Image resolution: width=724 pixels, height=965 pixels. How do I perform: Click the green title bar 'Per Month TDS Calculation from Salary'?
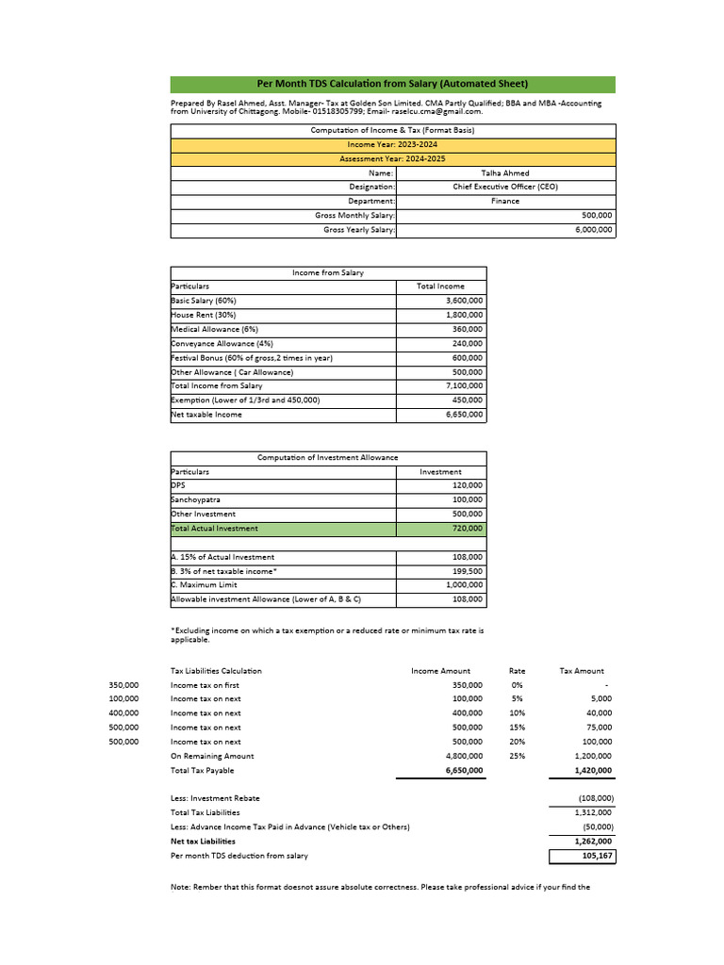(392, 84)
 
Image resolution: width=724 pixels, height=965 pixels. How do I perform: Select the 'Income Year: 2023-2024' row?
(392, 144)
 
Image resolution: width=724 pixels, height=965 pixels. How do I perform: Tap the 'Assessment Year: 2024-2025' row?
(392, 158)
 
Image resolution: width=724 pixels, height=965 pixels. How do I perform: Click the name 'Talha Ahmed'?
(505, 173)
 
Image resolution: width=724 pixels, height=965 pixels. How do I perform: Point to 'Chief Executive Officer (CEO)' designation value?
(505, 187)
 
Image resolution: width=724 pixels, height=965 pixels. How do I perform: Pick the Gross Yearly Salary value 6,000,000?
(593, 230)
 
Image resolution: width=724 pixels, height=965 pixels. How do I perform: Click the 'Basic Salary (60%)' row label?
(204, 301)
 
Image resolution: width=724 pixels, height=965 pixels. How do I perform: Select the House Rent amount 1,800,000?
(464, 315)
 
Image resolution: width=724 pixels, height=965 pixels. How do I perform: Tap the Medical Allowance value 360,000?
(465, 329)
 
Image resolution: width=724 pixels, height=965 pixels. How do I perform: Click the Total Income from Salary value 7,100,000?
(464, 385)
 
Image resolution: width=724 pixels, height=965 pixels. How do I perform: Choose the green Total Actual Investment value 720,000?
(467, 529)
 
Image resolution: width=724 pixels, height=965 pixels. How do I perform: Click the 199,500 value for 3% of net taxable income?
(467, 571)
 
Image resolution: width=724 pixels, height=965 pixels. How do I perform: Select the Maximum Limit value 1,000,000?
(464, 585)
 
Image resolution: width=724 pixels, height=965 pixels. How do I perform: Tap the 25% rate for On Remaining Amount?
(517, 756)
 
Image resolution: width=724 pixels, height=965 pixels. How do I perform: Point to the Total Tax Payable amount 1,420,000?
(593, 771)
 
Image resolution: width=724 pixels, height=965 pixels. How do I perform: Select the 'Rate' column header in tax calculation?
(517, 671)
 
